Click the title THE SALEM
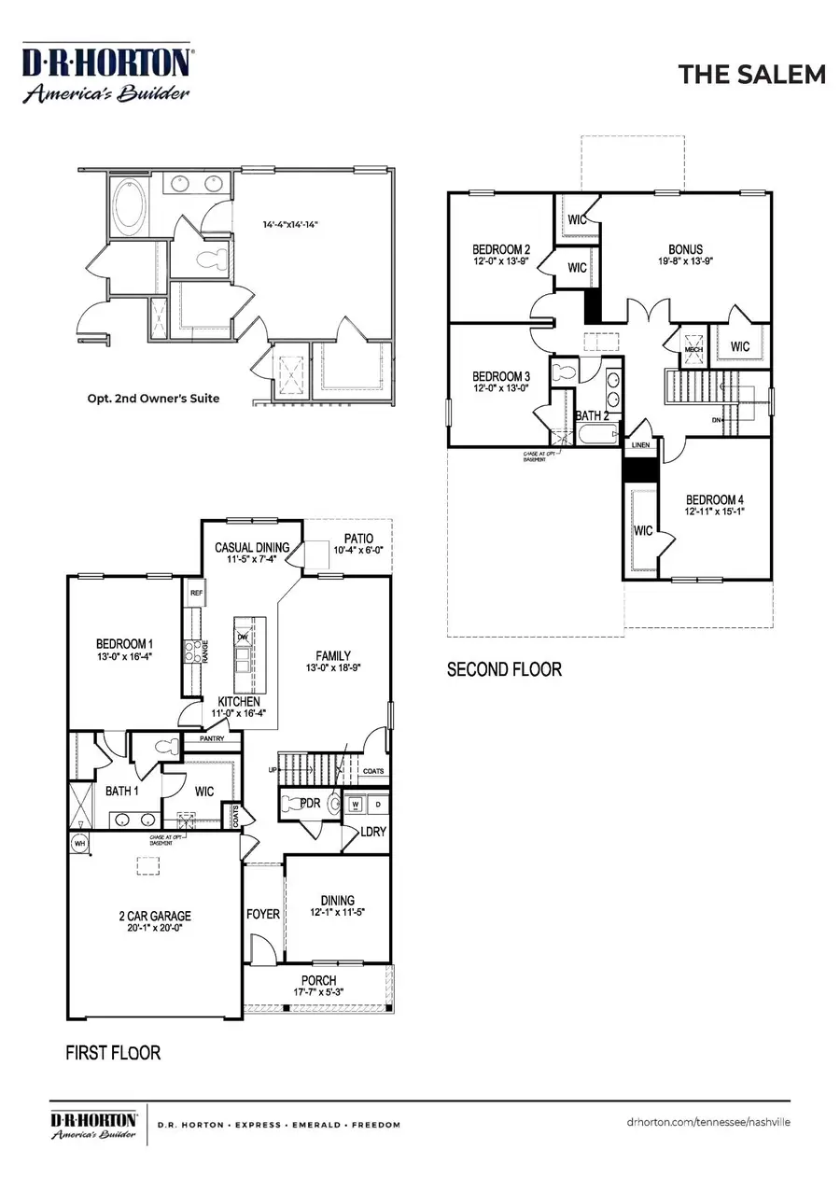point(751,75)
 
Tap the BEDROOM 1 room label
point(124,644)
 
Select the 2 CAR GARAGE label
point(148,917)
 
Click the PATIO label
point(357,539)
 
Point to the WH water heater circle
point(78,844)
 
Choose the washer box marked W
point(357,804)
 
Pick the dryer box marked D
point(378,804)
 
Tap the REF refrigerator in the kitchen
point(197,592)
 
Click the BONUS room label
point(685,249)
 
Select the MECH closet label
point(693,349)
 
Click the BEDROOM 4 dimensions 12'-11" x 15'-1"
point(715,512)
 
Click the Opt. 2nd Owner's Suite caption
point(153,399)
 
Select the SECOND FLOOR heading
point(504,669)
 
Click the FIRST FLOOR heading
point(113,1053)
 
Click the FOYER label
point(263,913)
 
